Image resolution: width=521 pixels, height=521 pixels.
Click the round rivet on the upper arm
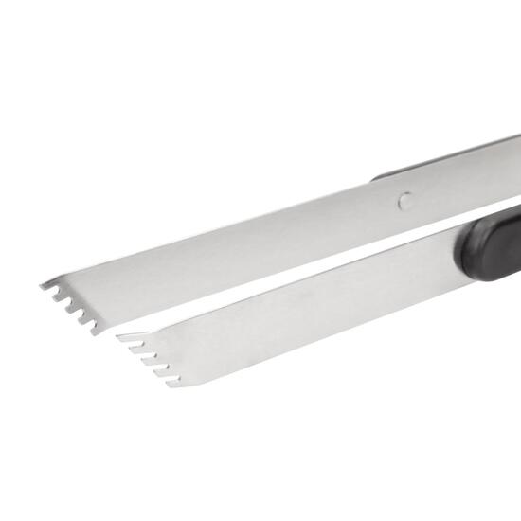(404, 200)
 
